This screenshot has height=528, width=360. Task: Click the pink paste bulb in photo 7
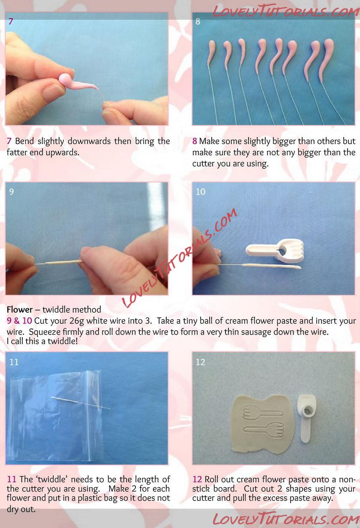tap(65, 79)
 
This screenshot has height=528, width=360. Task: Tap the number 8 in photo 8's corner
tap(198, 22)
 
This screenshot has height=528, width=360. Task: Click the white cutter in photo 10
tap(274, 250)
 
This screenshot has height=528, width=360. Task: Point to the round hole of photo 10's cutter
tap(282, 251)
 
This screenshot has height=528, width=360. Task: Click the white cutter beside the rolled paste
tap(306, 418)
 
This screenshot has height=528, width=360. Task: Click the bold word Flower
tap(20, 310)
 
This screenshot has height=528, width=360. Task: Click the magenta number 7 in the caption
tap(9, 141)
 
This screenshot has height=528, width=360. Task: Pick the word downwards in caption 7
tap(89, 141)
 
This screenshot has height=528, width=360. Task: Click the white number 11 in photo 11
tap(14, 362)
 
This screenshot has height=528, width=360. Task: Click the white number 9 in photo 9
tap(12, 192)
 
